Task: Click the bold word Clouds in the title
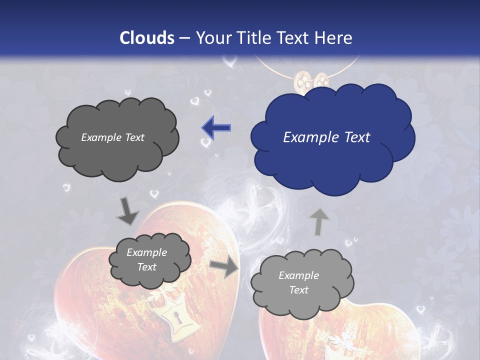click(x=147, y=38)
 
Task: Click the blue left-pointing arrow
click(x=216, y=128)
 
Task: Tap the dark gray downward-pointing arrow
click(x=128, y=211)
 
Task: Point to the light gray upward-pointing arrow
click(x=318, y=221)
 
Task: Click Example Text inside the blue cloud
click(x=326, y=137)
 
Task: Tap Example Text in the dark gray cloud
click(x=112, y=137)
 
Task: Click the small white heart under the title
click(x=230, y=62)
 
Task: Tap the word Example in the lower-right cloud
click(x=298, y=275)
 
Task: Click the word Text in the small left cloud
click(x=147, y=267)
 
